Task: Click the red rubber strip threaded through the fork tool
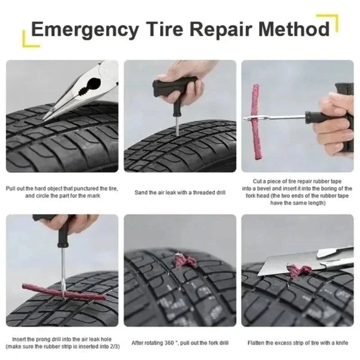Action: tap(256, 121)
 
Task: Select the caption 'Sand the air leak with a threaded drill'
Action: tap(180, 193)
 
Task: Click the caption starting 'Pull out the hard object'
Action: tap(62, 192)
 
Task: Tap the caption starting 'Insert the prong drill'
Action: tap(62, 342)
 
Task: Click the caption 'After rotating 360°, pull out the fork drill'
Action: tap(180, 343)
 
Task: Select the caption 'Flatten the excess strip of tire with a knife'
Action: tap(297, 343)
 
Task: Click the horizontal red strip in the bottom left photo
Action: tap(63, 291)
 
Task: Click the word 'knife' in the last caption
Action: tap(341, 343)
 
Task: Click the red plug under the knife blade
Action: tap(299, 270)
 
